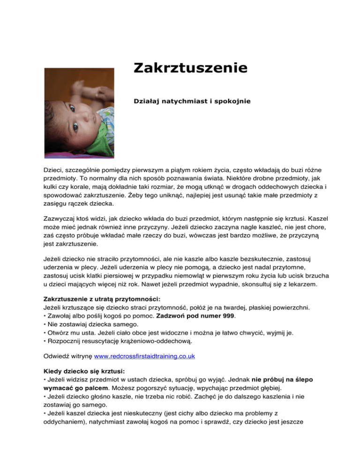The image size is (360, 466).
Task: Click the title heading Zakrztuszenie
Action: (x=190, y=68)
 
